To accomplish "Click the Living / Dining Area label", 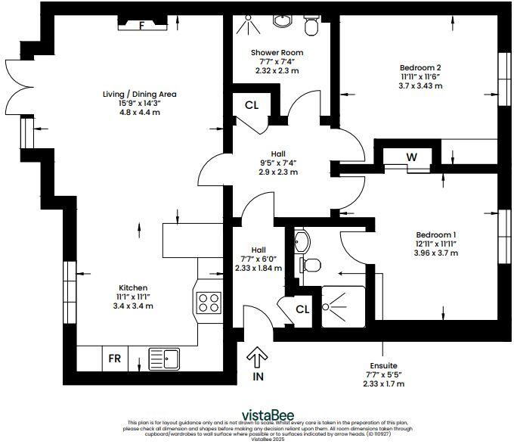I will pos(140,95).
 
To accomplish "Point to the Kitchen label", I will pos(132,287).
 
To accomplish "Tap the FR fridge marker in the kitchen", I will pos(115,357).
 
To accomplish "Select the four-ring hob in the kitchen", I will pos(208,303).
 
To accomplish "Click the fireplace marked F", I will pos(141,25).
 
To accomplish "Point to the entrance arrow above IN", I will pos(258,355).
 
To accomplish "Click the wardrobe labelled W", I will pos(412,157).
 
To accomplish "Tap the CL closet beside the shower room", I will pos(252,104).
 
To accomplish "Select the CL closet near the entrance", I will pos(302,309).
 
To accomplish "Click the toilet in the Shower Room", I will pos(311,26).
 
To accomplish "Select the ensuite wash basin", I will pos(301,241).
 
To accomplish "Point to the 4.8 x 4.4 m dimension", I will pos(140,112).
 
